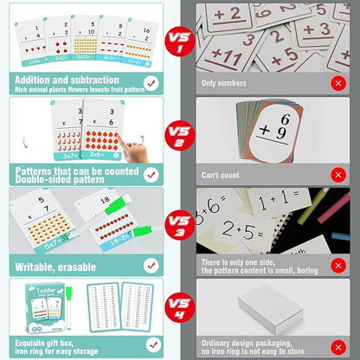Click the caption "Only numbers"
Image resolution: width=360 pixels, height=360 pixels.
[222, 83]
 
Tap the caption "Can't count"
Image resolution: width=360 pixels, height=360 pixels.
[221, 175]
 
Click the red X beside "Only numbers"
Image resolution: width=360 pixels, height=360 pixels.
[336, 83]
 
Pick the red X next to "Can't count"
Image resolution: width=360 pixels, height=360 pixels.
[336, 175]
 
